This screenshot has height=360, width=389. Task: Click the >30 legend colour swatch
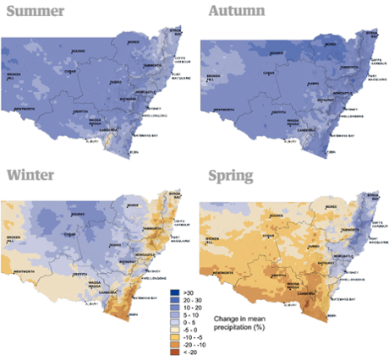[176, 290]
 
